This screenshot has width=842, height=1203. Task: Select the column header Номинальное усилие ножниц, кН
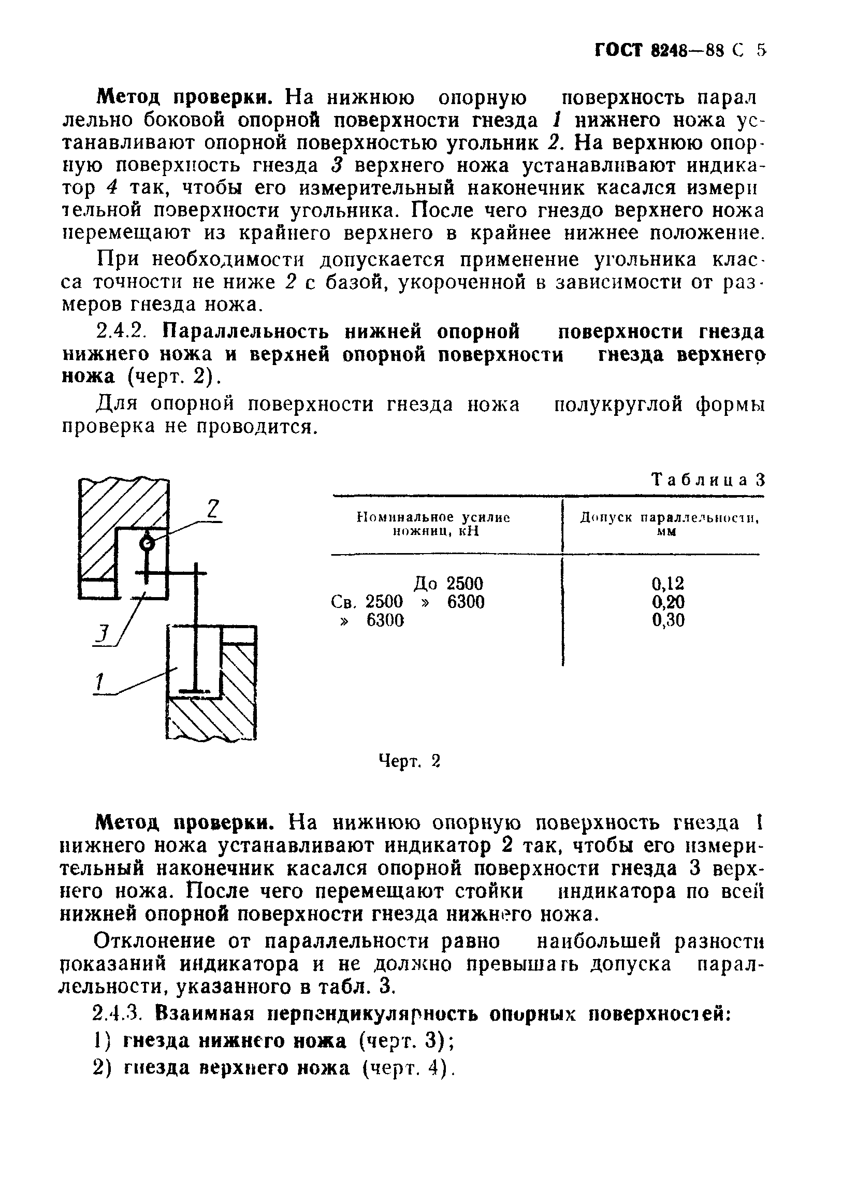(433, 525)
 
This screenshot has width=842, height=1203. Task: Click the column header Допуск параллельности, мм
(669, 525)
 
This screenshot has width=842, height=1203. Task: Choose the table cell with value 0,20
(667, 602)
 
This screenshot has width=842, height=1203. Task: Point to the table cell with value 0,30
(667, 620)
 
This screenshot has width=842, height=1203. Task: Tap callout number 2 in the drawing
(212, 509)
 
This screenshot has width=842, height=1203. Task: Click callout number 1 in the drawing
(99, 682)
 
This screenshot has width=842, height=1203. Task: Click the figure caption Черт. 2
(409, 761)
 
